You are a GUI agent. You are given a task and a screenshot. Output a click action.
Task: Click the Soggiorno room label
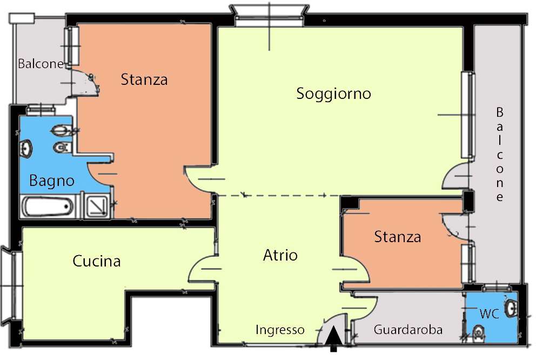[333, 94]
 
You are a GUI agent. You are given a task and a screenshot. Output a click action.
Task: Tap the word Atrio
[280, 255]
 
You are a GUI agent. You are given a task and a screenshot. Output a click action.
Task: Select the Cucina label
[96, 262]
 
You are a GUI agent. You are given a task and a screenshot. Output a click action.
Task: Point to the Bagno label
[52, 181]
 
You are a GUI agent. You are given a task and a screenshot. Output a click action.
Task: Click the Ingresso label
[280, 330]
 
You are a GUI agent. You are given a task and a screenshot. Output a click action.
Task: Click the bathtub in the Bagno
[48, 206]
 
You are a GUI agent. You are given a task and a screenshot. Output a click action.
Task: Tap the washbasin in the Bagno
[26, 148]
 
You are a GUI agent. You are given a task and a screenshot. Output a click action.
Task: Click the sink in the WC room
[511, 309]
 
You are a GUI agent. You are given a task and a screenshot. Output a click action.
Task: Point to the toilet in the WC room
[478, 332]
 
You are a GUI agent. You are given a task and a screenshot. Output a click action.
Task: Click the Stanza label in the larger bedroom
[144, 80]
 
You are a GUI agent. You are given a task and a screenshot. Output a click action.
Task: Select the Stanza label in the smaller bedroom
[397, 237]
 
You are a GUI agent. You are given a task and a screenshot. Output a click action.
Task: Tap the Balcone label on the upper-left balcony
[41, 64]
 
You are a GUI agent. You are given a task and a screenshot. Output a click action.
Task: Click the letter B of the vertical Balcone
[499, 112]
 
